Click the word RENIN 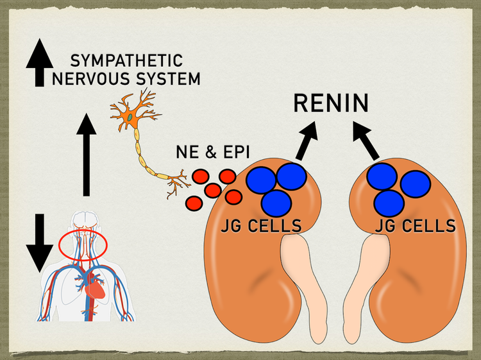331,103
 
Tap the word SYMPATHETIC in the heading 126,60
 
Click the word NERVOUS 92,78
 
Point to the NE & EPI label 213,152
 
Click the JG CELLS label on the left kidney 261,226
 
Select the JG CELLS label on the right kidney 416,226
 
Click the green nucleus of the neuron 131,117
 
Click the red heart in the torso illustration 95,289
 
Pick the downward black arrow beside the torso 40,243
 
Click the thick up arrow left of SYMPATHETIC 40,63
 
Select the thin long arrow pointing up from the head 87,155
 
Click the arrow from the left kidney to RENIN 306,141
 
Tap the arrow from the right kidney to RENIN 366,141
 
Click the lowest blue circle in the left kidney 276,203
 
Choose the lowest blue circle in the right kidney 389,203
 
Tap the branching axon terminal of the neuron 178,183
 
